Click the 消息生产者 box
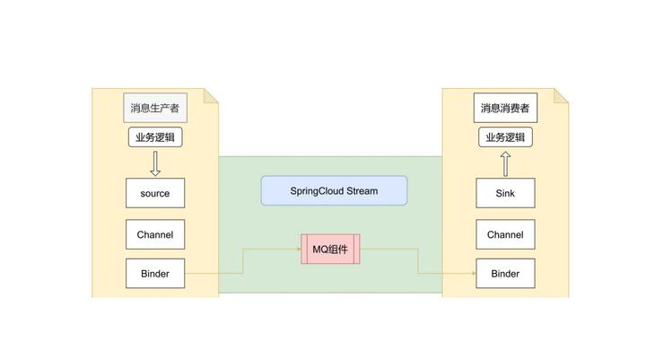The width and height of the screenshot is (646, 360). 154,109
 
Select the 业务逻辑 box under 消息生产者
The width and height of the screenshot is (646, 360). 154,137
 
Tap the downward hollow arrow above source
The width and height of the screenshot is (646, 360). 154,163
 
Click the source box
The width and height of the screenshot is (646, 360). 154,193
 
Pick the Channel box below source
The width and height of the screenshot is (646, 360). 154,234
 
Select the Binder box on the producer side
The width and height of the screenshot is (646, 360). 154,273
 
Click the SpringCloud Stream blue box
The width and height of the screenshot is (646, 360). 334,191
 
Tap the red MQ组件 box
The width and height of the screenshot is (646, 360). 330,249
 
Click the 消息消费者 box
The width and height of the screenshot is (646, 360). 504,109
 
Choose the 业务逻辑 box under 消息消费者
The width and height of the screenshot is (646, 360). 504,137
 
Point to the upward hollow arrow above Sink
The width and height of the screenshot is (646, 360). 504,163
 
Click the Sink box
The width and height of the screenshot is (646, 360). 504,193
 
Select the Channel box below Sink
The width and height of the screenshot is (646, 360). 504,234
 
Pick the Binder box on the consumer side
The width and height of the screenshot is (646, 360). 504,273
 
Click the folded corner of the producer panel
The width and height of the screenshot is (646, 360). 212,96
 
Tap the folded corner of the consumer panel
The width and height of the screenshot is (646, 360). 562,96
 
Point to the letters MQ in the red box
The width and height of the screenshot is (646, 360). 319,249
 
